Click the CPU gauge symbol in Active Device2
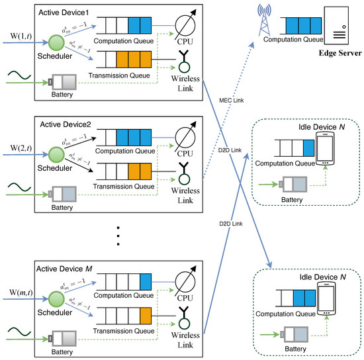tap(187, 138)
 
